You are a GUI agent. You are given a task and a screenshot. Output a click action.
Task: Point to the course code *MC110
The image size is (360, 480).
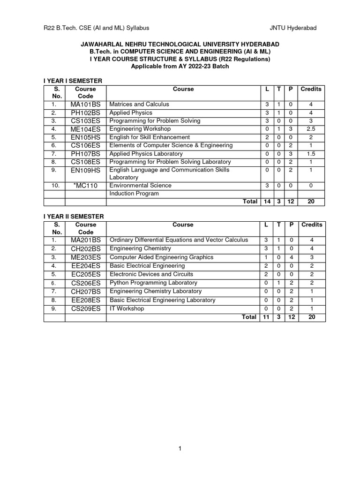[x=86, y=186]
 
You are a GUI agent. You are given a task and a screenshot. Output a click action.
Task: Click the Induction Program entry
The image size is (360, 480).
[x=134, y=194]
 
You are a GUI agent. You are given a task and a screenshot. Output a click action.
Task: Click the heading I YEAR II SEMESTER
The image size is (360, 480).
[x=74, y=216]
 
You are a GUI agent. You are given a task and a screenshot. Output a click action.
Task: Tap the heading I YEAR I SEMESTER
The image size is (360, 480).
[x=73, y=81]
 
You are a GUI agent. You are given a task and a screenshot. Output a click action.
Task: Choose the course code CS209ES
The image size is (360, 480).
[x=86, y=309]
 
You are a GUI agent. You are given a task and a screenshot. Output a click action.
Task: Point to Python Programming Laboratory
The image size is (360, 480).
[x=153, y=283]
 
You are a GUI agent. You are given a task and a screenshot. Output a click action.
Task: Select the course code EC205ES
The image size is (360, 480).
[x=86, y=274]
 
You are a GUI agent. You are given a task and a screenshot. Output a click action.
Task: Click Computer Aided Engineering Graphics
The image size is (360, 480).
[x=161, y=257]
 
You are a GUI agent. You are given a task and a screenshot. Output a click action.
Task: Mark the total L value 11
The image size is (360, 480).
[x=266, y=317]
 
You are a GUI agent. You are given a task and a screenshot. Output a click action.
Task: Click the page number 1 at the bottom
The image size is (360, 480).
[x=180, y=449]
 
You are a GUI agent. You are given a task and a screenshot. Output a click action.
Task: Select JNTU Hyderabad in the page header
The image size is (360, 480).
[x=293, y=28]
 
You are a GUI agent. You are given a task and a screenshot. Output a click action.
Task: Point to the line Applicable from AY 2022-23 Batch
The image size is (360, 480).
[x=180, y=67]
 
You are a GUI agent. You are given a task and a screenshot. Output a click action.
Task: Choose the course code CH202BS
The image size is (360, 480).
[x=86, y=248]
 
